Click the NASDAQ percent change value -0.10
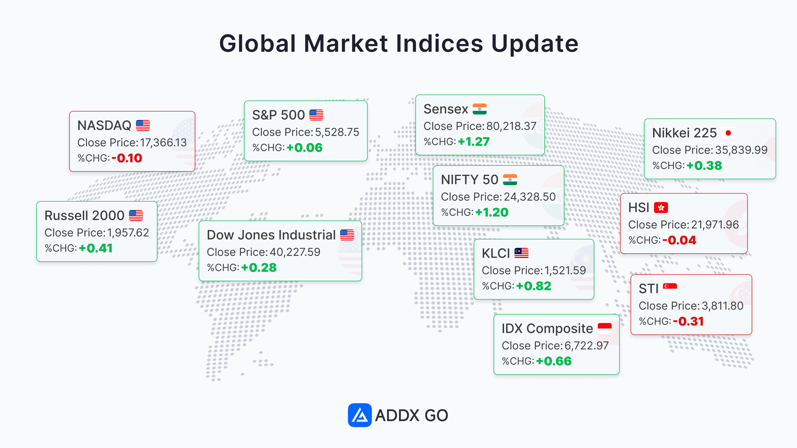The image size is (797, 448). point(127,158)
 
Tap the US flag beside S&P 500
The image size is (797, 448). point(316,115)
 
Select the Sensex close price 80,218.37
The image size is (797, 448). point(511,126)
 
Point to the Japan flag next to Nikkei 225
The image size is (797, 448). point(728,133)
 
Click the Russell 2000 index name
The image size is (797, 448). point(84,216)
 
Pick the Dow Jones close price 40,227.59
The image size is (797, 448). point(295,252)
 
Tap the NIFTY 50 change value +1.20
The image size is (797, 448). point(492,212)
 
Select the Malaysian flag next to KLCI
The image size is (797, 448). point(521,253)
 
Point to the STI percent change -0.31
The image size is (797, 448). point(688,322)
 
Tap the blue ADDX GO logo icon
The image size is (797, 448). point(359,415)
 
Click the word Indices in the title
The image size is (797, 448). point(439,43)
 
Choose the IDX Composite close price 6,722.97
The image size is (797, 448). point(586,346)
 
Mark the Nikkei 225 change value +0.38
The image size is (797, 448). point(704,166)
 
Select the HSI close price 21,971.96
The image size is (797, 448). point(715,225)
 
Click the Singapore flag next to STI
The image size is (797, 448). point(670,288)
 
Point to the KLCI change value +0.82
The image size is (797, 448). point(534,286)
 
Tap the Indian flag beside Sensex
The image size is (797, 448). point(479,109)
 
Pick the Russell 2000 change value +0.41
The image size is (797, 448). point(96,248)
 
